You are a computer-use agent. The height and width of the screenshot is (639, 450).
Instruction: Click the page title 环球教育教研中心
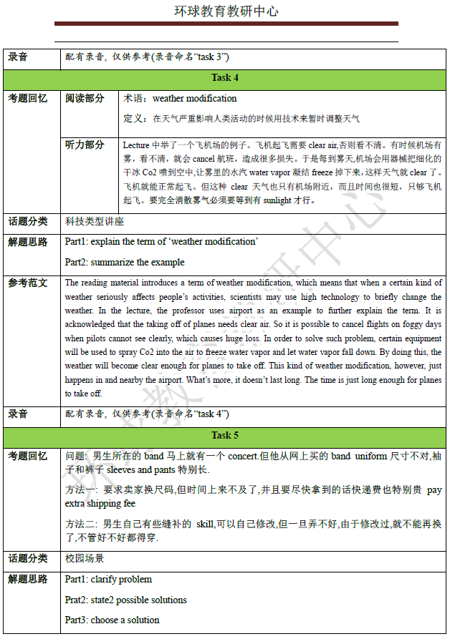pos(226,11)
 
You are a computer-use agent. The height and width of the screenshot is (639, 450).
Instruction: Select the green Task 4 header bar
pos(225,77)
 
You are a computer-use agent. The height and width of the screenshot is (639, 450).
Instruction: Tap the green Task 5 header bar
pos(225,435)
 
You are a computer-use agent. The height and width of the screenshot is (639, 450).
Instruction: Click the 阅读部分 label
pos(85,98)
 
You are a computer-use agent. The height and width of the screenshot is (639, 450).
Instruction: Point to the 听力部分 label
pos(85,145)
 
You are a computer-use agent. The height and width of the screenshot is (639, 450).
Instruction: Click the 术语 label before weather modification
pos(134,99)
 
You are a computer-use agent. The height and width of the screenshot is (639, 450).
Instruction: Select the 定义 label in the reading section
pos(134,118)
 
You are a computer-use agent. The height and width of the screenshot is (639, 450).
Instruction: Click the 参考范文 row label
pos(28,283)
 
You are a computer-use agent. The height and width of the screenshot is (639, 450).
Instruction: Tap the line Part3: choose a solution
pos(112,620)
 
